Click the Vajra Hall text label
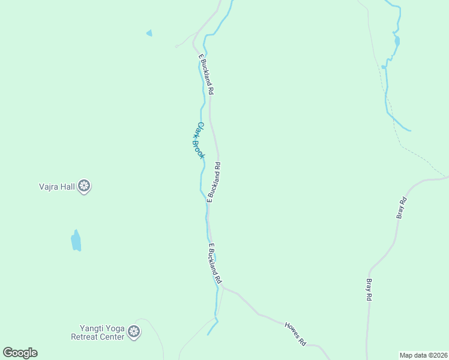coord(53,187)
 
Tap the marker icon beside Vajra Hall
coord(85,186)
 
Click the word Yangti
coord(92,328)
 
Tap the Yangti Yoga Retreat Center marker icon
coord(134,332)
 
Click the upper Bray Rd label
coord(403,207)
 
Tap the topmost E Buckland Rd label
coord(206,74)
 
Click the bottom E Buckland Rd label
coord(215,264)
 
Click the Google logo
coord(20,353)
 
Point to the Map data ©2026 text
coord(423,355)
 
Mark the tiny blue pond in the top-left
coord(149,33)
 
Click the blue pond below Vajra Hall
coord(76,241)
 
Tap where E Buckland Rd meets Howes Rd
coord(223,287)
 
